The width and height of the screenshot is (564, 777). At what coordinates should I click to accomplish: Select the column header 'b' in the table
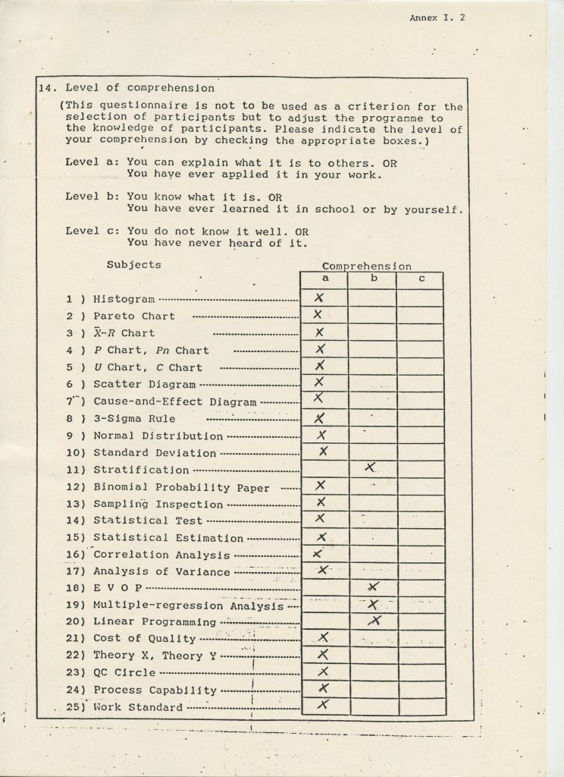click(x=372, y=278)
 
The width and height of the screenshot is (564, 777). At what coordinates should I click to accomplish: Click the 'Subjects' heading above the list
click(x=133, y=265)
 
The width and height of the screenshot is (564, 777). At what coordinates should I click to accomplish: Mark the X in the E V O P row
click(x=372, y=587)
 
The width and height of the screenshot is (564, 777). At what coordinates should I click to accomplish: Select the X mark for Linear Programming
click(x=373, y=621)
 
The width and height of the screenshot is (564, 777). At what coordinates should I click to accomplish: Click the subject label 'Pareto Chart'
click(x=133, y=316)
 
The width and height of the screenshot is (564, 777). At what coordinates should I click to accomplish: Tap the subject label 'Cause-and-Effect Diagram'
click(x=174, y=401)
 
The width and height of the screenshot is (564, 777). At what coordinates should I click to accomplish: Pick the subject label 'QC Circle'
click(x=124, y=672)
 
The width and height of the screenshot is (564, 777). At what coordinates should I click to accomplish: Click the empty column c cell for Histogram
click(x=420, y=297)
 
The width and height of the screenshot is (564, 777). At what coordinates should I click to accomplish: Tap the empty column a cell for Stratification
click(x=325, y=469)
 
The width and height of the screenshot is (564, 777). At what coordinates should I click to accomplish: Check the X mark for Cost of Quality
click(x=323, y=637)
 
